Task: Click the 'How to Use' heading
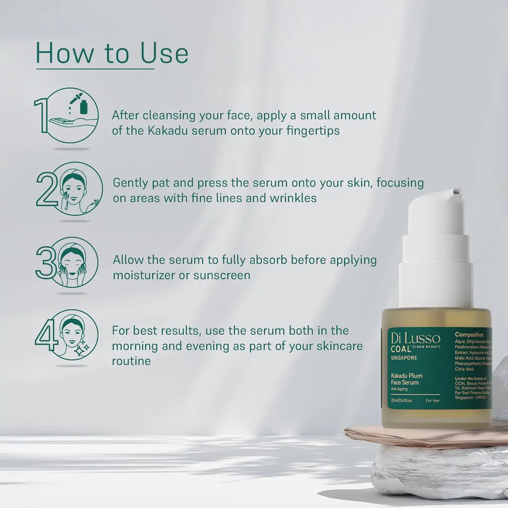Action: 112,53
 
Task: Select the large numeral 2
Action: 46,189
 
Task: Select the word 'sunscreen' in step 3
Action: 222,275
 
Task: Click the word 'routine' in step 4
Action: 131,361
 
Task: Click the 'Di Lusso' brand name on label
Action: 415,338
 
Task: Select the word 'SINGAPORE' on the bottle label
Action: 404,358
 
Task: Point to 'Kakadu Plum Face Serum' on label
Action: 406,379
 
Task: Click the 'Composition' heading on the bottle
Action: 469,334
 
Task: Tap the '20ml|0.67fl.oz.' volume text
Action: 402,400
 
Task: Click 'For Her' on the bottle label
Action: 433,400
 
